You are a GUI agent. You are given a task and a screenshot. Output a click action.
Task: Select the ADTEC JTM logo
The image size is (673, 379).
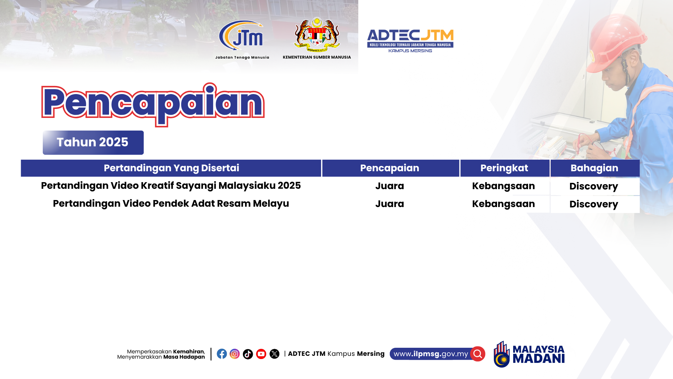point(410,41)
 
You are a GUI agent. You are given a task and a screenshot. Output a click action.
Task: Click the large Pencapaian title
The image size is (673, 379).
point(153,104)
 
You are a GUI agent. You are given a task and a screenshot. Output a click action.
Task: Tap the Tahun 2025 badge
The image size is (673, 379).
point(93,142)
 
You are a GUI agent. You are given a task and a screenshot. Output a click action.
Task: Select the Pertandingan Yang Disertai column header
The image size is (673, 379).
point(171,168)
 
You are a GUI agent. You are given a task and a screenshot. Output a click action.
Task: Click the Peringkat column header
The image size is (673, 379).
point(504,168)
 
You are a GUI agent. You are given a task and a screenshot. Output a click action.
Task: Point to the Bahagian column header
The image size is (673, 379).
point(595,168)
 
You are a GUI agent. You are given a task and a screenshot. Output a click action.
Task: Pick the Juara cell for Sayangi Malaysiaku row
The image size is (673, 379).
point(390,186)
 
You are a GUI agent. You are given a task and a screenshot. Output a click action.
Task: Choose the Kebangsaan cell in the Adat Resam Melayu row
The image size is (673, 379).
point(503,204)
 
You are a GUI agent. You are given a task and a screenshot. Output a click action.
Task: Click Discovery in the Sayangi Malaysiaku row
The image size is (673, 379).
point(594,186)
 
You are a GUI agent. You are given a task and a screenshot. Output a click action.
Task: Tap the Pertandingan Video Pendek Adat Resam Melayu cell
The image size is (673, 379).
point(171,204)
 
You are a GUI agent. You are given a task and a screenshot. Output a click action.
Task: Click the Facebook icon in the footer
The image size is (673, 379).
point(222,354)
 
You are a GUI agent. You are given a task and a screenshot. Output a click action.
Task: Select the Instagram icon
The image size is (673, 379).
point(235,354)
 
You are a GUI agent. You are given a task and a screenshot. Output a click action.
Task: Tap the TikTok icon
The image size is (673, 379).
point(248,354)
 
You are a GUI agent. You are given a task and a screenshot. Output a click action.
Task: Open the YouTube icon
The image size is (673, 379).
point(261,354)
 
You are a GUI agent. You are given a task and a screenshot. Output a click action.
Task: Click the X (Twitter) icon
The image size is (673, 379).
point(274,354)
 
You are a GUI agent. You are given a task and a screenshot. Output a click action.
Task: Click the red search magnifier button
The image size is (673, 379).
point(478,354)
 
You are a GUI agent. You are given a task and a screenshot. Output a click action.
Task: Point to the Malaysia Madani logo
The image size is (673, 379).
point(529,354)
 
